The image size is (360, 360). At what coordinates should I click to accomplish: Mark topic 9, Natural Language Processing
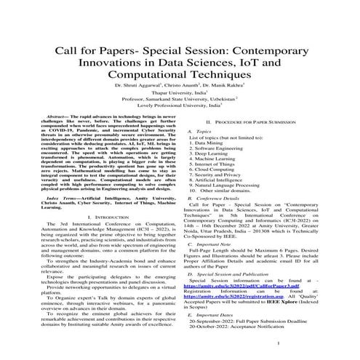[x=231, y=196]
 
